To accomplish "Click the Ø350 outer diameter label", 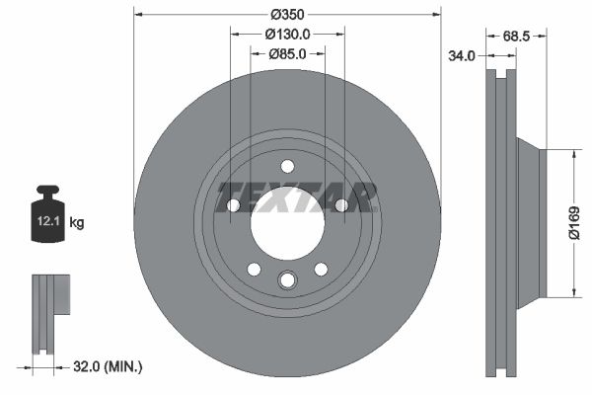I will point(287,14).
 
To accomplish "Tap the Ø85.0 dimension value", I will point(287,54).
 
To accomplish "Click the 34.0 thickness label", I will point(462,56).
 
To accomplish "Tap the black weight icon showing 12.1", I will point(48,212).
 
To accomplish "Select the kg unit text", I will point(77,223).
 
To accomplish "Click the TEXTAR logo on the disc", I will point(297,197).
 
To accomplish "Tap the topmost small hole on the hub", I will point(287,166).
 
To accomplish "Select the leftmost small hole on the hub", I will point(234,205).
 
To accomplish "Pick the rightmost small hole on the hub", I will point(340,205).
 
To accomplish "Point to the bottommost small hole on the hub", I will point(287,281).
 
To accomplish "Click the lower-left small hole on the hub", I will point(254,269).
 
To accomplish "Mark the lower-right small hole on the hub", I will point(321,269).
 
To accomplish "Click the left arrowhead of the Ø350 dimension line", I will point(137,14).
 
